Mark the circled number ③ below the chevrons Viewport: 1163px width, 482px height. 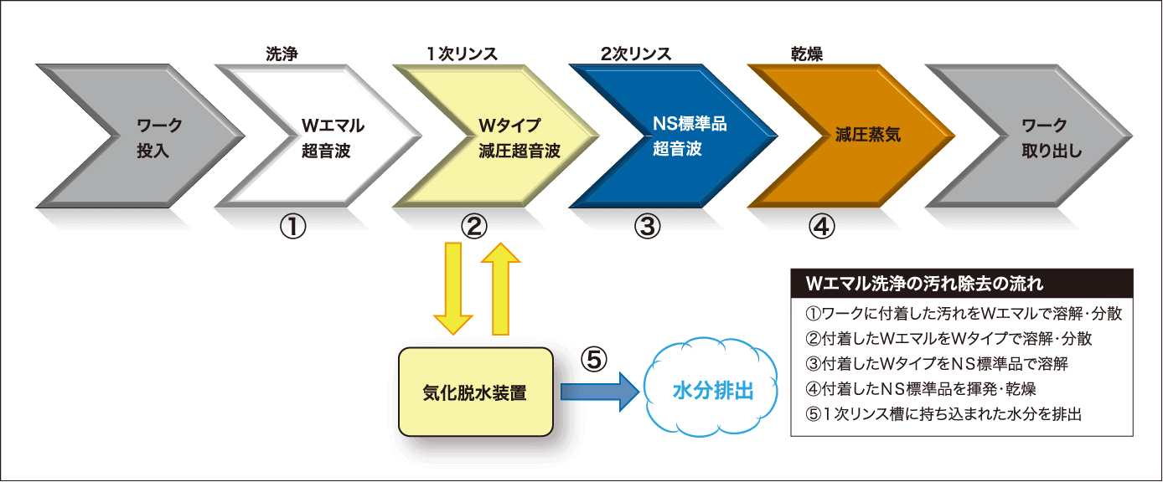pos(648,226)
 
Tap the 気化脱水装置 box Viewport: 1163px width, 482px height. pos(476,392)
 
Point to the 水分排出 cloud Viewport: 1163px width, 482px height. pos(713,391)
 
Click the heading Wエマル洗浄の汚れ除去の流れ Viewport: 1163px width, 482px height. pos(923,283)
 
